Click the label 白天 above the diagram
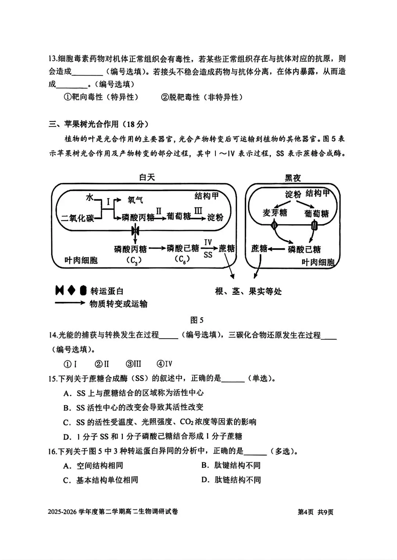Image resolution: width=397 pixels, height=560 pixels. (147, 178)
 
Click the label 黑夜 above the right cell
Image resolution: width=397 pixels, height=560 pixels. (293, 178)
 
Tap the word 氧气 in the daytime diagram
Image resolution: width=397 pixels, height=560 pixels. (135, 200)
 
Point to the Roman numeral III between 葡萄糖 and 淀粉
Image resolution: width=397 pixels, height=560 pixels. (198, 211)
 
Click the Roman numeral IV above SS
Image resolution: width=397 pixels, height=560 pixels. (208, 242)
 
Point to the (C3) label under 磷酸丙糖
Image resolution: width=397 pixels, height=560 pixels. (134, 261)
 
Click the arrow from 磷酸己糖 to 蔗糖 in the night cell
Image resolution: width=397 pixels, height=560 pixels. (278, 249)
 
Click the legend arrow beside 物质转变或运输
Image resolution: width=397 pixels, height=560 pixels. (70, 303)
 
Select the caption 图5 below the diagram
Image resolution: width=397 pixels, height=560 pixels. (197, 320)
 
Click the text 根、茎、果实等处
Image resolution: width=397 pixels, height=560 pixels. (248, 291)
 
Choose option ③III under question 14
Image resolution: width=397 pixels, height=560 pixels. (133, 364)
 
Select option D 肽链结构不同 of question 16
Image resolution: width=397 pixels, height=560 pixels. (231, 480)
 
